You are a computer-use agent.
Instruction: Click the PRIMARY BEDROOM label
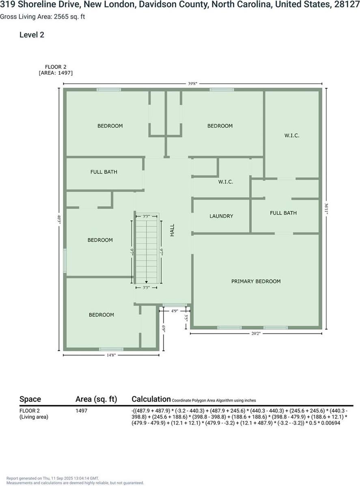[256, 281]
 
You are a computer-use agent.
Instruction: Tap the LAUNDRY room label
[221, 216]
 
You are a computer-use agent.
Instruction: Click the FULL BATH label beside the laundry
[283, 213]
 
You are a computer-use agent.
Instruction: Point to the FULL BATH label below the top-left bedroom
[104, 172]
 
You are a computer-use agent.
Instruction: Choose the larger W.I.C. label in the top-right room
[292, 135]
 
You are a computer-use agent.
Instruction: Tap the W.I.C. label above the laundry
[226, 182]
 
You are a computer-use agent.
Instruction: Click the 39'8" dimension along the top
[192, 84]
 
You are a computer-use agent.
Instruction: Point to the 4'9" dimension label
[175, 311]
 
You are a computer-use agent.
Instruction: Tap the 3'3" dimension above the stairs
[146, 217]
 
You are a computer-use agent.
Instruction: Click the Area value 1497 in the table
[82, 411]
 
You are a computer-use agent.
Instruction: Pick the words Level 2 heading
[32, 35]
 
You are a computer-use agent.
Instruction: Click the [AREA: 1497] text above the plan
[56, 73]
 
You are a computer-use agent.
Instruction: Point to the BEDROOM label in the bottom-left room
[101, 315]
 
